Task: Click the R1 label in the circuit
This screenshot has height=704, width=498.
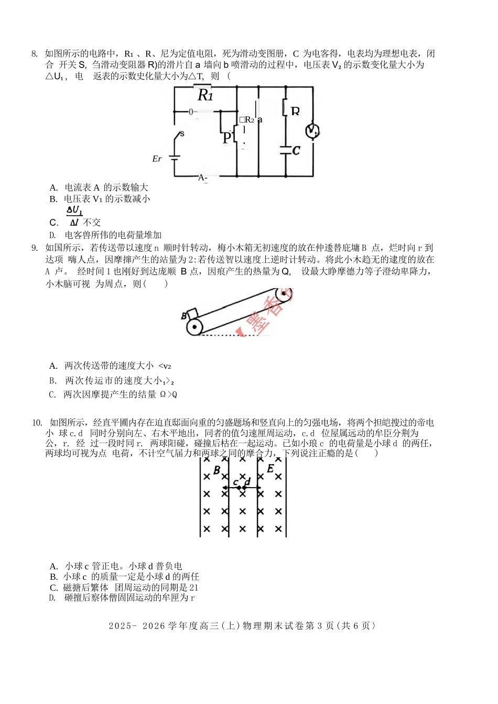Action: [x=205, y=95]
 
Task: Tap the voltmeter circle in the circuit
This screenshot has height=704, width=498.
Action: [x=312, y=131]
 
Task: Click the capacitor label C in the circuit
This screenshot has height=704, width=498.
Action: [x=296, y=151]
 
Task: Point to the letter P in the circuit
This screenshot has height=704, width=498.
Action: [x=226, y=138]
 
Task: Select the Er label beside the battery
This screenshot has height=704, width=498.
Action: [x=157, y=159]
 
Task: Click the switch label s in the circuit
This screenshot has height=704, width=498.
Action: [x=182, y=134]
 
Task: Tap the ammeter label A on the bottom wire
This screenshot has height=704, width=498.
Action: [x=202, y=178]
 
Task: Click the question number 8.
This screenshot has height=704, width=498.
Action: [x=34, y=54]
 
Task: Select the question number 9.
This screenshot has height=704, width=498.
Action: [x=34, y=248]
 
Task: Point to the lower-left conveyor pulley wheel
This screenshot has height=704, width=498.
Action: [x=194, y=327]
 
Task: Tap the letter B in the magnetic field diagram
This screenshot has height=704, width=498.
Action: [x=216, y=470]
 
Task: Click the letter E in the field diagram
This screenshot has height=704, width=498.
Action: [x=270, y=469]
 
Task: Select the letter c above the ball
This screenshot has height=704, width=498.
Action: [x=235, y=482]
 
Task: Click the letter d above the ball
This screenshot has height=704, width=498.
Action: [x=247, y=481]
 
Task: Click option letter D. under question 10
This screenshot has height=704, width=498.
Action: [x=52, y=598]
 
